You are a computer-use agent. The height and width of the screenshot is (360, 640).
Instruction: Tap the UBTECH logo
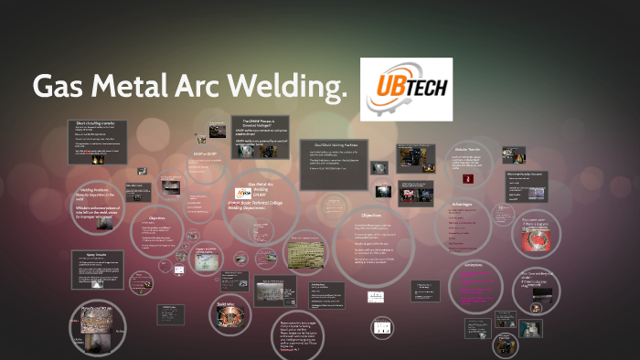tap(406, 90)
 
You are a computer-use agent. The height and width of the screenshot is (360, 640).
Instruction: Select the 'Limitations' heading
tap(479, 264)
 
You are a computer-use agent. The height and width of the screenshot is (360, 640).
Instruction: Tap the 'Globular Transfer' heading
tap(467, 148)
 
